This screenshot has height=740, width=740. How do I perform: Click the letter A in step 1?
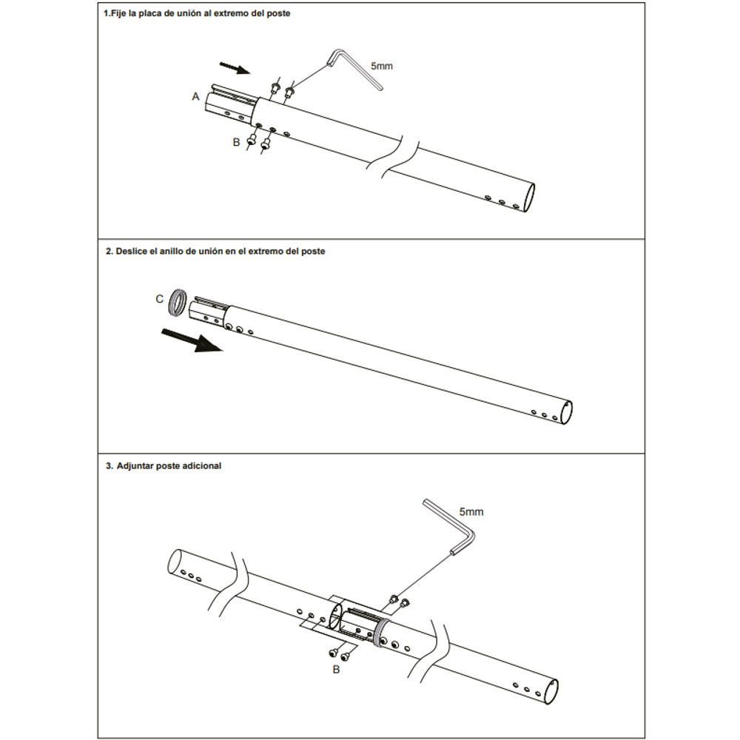(196, 97)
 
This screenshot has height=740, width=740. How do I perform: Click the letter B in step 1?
(237, 142)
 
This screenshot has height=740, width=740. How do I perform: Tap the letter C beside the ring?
(160, 299)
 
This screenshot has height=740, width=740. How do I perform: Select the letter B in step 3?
(336, 669)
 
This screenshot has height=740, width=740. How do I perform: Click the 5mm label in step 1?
(382, 66)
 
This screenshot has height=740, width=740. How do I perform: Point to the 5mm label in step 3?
(471, 511)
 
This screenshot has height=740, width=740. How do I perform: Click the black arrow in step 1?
(235, 68)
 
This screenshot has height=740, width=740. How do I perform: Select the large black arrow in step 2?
(192, 340)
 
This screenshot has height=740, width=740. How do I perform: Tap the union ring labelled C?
(177, 303)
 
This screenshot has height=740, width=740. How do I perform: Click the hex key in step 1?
(357, 67)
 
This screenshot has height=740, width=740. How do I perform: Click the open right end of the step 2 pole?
(567, 412)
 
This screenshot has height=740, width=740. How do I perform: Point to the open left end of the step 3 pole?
(175, 562)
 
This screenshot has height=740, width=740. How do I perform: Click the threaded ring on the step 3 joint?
(381, 633)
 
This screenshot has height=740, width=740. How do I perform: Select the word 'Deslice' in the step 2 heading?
(131, 251)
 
